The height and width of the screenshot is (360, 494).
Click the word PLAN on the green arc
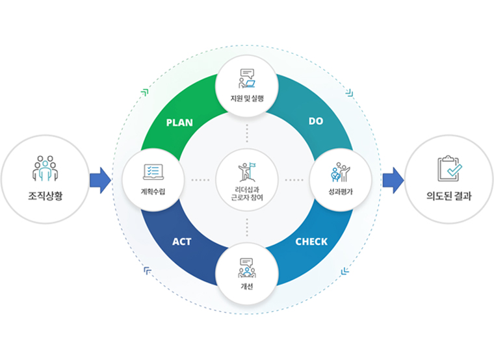click(x=179, y=123)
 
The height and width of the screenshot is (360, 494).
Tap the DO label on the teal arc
click(x=316, y=122)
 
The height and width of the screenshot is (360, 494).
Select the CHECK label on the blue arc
click(x=311, y=242)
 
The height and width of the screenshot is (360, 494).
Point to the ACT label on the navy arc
click(x=182, y=242)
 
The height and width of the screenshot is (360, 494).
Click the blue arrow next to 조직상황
click(x=100, y=180)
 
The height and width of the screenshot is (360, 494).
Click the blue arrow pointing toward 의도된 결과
click(x=393, y=180)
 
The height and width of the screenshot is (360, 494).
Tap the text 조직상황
click(x=45, y=196)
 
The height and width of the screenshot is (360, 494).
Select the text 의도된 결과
click(x=448, y=196)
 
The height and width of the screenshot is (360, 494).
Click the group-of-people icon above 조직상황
click(x=45, y=168)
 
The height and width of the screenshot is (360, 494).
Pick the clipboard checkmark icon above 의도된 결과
click(x=450, y=168)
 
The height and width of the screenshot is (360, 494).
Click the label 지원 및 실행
click(x=247, y=98)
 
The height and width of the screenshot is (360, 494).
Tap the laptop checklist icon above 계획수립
click(x=153, y=172)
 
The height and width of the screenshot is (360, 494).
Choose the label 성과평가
click(x=341, y=192)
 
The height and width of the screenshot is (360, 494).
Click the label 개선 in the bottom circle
click(x=247, y=287)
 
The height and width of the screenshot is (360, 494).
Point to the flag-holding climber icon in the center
click(x=247, y=172)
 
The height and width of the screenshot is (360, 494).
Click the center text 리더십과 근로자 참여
click(x=247, y=194)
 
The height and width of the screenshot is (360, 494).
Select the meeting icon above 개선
click(x=247, y=268)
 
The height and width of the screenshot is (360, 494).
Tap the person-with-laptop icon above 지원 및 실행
click(x=247, y=79)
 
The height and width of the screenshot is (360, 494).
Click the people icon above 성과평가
click(x=340, y=172)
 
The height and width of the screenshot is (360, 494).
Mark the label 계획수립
click(x=153, y=192)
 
